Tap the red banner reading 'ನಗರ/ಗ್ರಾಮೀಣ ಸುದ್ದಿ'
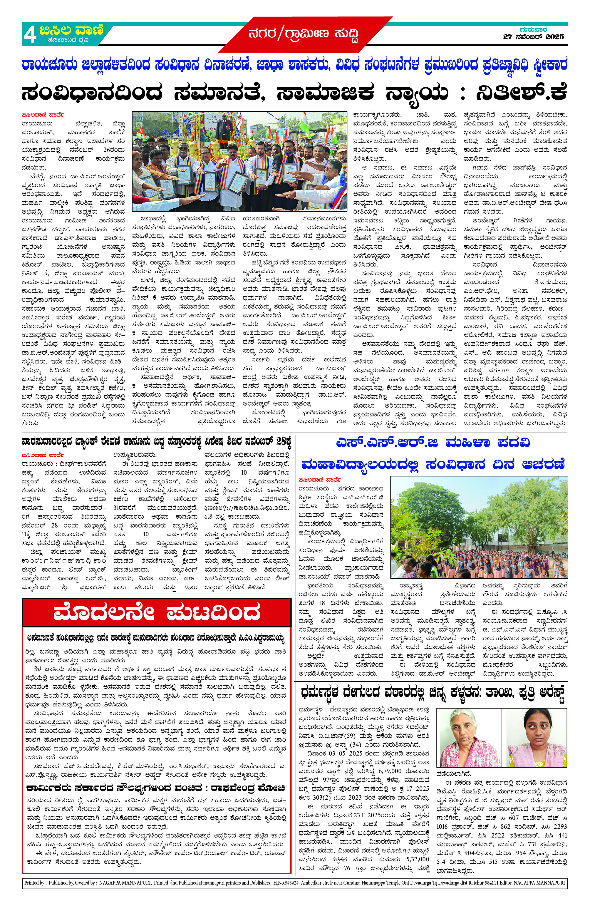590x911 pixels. pyautogui.click(x=304, y=34)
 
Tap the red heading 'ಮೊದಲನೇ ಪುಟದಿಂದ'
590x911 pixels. pyautogui.click(x=157, y=613)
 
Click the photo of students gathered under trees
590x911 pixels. pyautogui.click(x=479, y=527)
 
